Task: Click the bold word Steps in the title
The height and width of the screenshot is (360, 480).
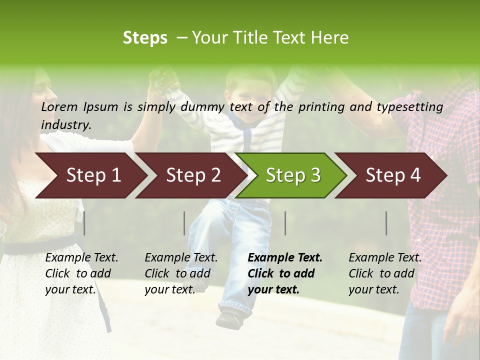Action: [x=145, y=38]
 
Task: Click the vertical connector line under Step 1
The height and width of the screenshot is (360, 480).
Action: [x=84, y=223]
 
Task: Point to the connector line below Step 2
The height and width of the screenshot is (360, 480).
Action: [x=184, y=223]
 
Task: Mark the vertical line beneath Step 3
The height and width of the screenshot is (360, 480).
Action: [x=285, y=223]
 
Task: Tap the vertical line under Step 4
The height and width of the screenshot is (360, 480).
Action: [x=386, y=223]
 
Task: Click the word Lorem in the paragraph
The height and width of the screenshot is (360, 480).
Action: [x=59, y=107]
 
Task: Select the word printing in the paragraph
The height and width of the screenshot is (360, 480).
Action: [x=321, y=107]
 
